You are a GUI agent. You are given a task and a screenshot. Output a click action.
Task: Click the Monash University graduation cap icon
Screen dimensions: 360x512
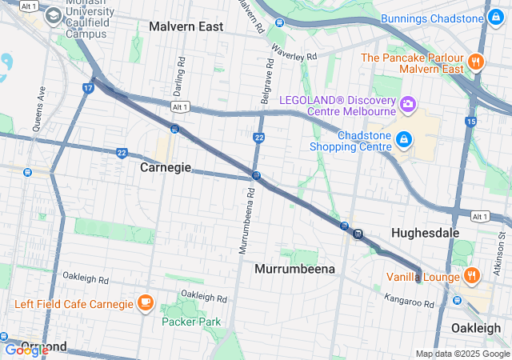[53, 15]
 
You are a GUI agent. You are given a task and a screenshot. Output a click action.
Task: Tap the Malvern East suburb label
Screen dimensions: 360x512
[186, 26]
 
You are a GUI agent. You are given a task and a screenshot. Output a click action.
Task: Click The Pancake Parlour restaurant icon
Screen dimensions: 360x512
[476, 62]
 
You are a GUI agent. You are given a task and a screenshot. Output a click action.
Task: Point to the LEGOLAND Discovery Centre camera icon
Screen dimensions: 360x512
[408, 104]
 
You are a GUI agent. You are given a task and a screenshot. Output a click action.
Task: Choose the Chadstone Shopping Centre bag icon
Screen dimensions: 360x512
[404, 140]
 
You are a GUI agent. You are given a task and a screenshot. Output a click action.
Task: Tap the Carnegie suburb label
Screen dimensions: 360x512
[166, 168]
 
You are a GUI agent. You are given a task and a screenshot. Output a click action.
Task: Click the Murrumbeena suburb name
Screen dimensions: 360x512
[294, 270]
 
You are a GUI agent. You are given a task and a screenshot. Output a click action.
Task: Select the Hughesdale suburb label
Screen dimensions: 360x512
[425, 232]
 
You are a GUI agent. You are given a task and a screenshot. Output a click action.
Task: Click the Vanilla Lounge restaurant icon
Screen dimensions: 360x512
[472, 276]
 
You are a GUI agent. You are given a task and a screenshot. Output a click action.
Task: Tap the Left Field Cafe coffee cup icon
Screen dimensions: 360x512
[145, 302]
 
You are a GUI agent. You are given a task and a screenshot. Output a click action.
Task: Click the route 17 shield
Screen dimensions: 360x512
[87, 87]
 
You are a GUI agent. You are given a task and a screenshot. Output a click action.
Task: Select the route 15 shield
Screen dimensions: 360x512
[470, 121]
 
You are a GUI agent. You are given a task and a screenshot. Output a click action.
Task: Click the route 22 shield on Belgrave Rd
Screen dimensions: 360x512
[259, 138]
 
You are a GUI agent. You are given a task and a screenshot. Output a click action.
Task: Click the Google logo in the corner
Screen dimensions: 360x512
[26, 350]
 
